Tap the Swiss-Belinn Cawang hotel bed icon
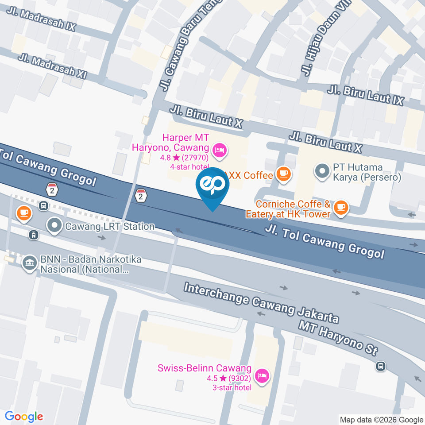pos(263,376)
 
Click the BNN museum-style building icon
pos(29,263)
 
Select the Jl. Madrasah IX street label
pos(41,19)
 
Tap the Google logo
pos(24,417)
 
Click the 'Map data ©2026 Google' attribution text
pos(382,420)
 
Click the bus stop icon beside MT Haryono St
pos(381,366)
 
